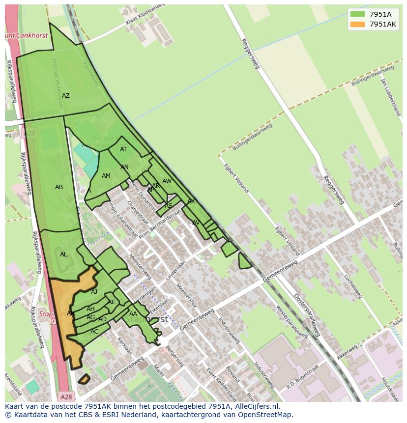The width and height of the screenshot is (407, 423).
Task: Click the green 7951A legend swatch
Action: tap(357, 14)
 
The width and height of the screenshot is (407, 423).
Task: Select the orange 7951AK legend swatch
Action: tap(357, 24)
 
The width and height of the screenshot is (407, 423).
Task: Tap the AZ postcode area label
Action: tap(65, 96)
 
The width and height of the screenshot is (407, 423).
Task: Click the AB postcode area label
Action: tap(59, 187)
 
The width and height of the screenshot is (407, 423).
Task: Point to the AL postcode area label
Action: tap(63, 254)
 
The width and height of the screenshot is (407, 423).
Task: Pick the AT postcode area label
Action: tap(123, 149)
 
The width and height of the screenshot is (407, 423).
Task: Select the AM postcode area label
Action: tap(106, 176)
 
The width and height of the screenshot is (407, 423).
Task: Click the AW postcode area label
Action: tap(167, 181)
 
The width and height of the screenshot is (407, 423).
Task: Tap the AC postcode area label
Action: tap(94, 332)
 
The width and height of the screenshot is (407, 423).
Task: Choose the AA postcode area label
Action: tap(133, 314)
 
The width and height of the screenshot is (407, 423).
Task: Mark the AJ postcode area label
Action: tap(94, 292)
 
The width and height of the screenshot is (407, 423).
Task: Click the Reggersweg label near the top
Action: tap(250, 54)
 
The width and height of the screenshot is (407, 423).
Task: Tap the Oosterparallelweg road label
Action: tap(307, 315)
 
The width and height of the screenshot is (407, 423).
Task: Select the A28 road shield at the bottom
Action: tap(66, 396)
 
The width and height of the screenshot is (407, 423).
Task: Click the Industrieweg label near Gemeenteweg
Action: tap(229, 330)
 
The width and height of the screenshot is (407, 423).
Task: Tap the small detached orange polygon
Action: tap(84, 379)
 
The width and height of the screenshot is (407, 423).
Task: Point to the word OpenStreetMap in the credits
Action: tap(265, 415)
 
